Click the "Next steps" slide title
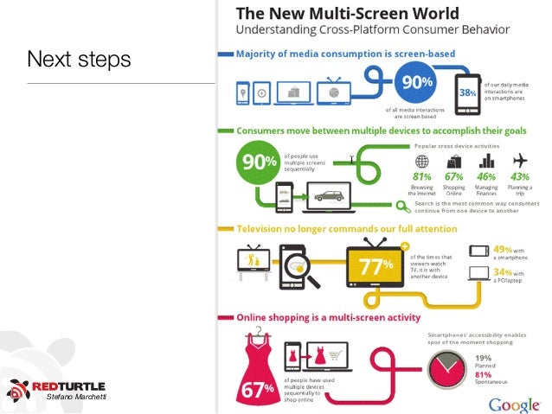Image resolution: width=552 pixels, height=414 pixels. pos(78,60)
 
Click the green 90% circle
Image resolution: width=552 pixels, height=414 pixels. pos(258,163)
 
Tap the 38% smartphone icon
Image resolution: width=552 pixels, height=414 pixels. pos(467,92)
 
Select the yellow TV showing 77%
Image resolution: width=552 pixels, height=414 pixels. pos(373,266)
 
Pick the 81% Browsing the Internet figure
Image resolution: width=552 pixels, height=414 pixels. pos(421,176)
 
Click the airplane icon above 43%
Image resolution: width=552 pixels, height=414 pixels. pos(520,160)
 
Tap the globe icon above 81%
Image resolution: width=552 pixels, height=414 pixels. pos(421,161)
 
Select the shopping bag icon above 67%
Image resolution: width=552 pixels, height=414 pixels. pos(454,160)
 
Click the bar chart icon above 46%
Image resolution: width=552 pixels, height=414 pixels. pos(487,160)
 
